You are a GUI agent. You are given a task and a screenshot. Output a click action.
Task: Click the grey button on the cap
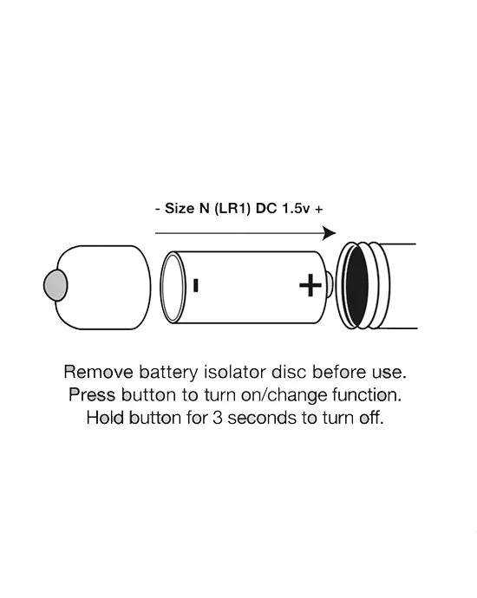56,285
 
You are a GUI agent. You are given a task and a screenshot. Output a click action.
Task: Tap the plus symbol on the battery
310,285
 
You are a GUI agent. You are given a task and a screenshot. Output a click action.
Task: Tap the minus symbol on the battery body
196,285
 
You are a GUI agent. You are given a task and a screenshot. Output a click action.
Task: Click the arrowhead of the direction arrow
329,233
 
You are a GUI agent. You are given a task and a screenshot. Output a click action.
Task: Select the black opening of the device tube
356,286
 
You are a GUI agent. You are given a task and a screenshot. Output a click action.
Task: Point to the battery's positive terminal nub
330,284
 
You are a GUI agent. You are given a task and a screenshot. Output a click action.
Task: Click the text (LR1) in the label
232,209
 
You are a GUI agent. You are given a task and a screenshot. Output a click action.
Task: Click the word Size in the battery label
180,208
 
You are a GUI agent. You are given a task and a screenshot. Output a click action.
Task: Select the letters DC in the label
266,209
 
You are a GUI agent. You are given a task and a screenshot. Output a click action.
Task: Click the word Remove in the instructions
99,372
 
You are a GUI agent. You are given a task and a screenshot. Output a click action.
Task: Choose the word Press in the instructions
92,394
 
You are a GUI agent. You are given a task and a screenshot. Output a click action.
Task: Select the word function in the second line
365,394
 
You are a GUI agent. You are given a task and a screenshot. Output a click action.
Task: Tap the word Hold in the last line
105,418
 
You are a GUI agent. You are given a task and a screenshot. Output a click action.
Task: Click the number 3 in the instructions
218,418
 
